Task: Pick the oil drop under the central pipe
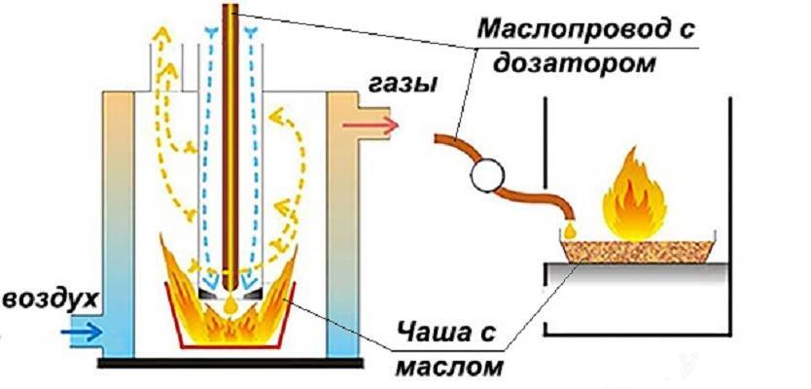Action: pyautogui.click(x=230, y=304)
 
